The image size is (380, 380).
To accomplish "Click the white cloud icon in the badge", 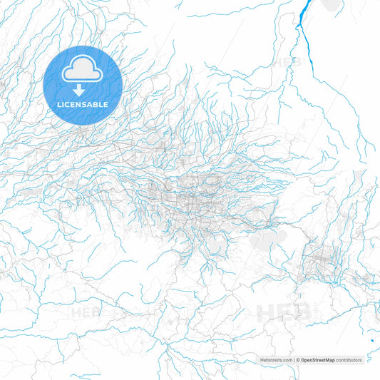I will pos(83,70).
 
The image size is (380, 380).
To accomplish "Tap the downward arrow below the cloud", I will pos(83,90).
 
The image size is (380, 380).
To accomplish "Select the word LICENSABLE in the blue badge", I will pos(83,104).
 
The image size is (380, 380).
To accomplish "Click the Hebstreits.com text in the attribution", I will pos(276,361).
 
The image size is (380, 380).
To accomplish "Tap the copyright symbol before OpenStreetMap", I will pos(297,361).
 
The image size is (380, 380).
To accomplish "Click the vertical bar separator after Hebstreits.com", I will pos(294,361).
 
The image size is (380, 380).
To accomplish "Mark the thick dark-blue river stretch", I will pos(304,29).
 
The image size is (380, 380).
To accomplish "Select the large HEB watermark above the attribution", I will pos(284,312).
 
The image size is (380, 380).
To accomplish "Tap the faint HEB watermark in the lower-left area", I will pos(86,312).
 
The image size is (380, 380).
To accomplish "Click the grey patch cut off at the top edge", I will pos(330,4).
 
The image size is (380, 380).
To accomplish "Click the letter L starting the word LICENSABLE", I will pos(60,104).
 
